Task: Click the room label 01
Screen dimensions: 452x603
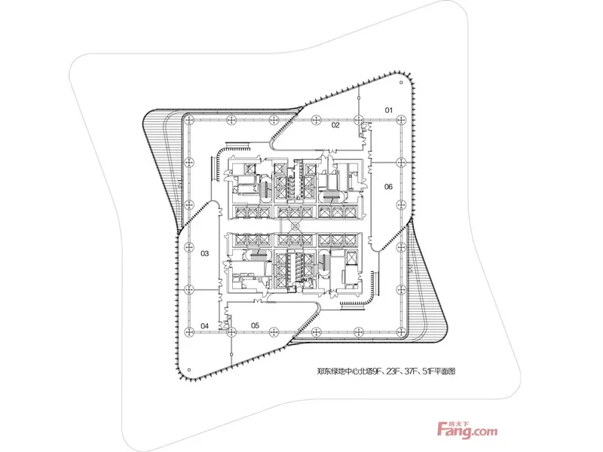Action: coord(389,111)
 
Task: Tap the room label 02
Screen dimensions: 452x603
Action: coord(335,126)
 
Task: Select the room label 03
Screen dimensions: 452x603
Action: coord(204,254)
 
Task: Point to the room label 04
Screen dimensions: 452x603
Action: coord(204,325)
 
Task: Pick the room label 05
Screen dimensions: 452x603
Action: coord(255,325)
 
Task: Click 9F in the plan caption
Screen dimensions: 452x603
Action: coord(381,371)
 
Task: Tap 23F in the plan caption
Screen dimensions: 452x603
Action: coord(399,371)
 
